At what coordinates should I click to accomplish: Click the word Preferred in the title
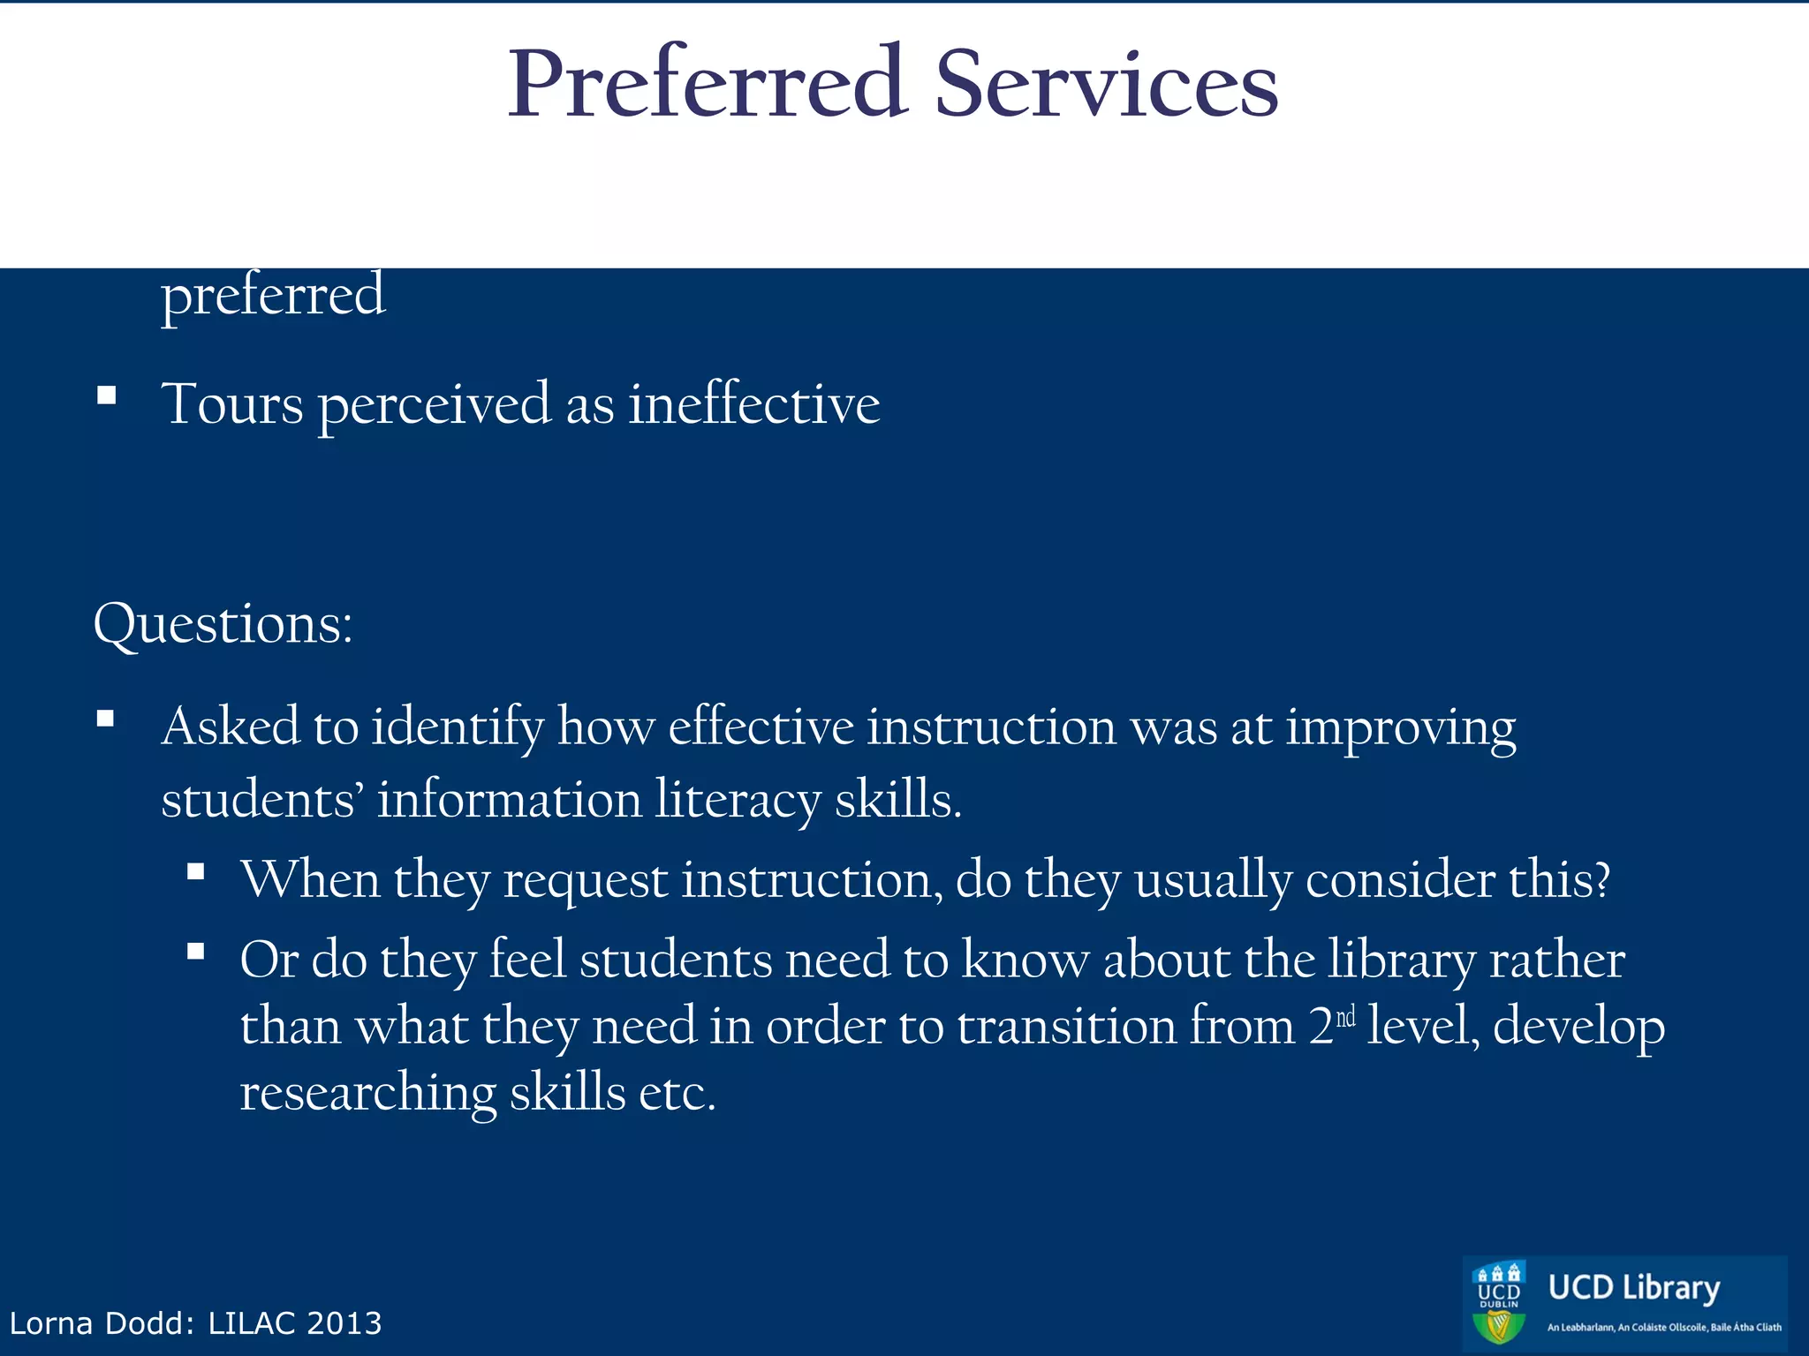[707, 84]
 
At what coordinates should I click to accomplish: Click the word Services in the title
[1106, 84]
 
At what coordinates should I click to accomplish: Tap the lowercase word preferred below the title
[273, 296]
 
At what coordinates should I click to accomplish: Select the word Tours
[232, 404]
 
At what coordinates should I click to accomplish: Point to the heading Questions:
[223, 624]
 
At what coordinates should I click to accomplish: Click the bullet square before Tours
[107, 395]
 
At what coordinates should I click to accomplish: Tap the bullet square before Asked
[106, 719]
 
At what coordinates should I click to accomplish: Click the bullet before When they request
[196, 873]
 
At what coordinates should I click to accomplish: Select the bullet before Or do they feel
[196, 952]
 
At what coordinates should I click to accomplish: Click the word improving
[1400, 729]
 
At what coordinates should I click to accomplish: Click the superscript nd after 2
[1345, 1018]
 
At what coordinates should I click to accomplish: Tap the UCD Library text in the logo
[1633, 1288]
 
